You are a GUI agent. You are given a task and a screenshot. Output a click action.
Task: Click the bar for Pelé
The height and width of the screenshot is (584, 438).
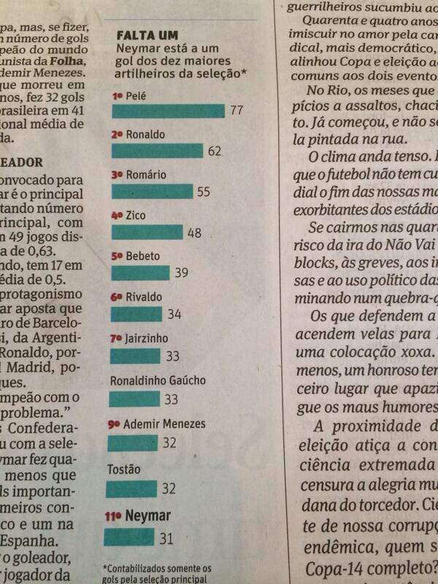pos(168,110)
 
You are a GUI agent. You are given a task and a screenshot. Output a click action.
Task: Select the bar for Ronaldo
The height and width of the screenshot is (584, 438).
pos(157,150)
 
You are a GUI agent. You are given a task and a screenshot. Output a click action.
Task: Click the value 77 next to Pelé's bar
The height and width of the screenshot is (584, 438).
pos(237,110)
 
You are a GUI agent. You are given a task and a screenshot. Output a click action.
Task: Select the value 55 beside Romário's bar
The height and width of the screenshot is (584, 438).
pos(204,191)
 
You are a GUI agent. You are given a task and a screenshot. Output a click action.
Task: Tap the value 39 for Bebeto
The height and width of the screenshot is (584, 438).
pos(182,273)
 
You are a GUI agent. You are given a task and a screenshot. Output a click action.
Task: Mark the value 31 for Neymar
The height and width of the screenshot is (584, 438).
pos(166,538)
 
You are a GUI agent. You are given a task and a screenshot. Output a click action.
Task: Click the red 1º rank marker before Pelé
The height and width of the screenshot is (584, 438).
pos(116,95)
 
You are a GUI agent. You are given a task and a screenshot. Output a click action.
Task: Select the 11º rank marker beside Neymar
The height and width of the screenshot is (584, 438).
pos(114,516)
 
